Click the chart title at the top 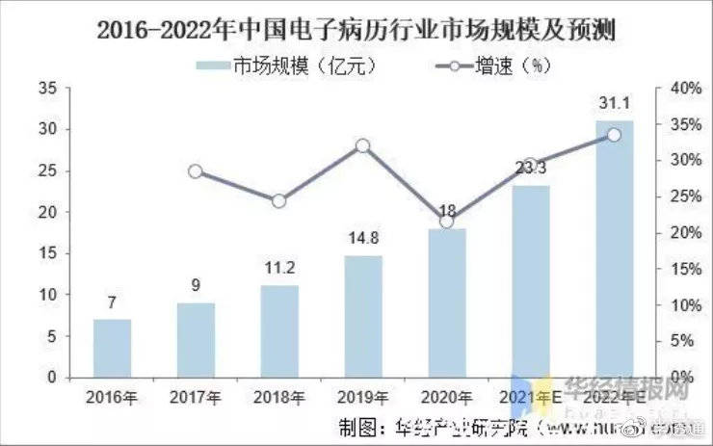coord(356,30)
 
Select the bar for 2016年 coord(112,348)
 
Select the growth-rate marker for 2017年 coord(195,171)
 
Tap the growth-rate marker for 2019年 coord(362,146)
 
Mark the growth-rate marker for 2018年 coord(278,201)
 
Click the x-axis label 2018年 coord(278,397)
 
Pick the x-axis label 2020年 coord(446,397)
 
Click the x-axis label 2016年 coord(112,397)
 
